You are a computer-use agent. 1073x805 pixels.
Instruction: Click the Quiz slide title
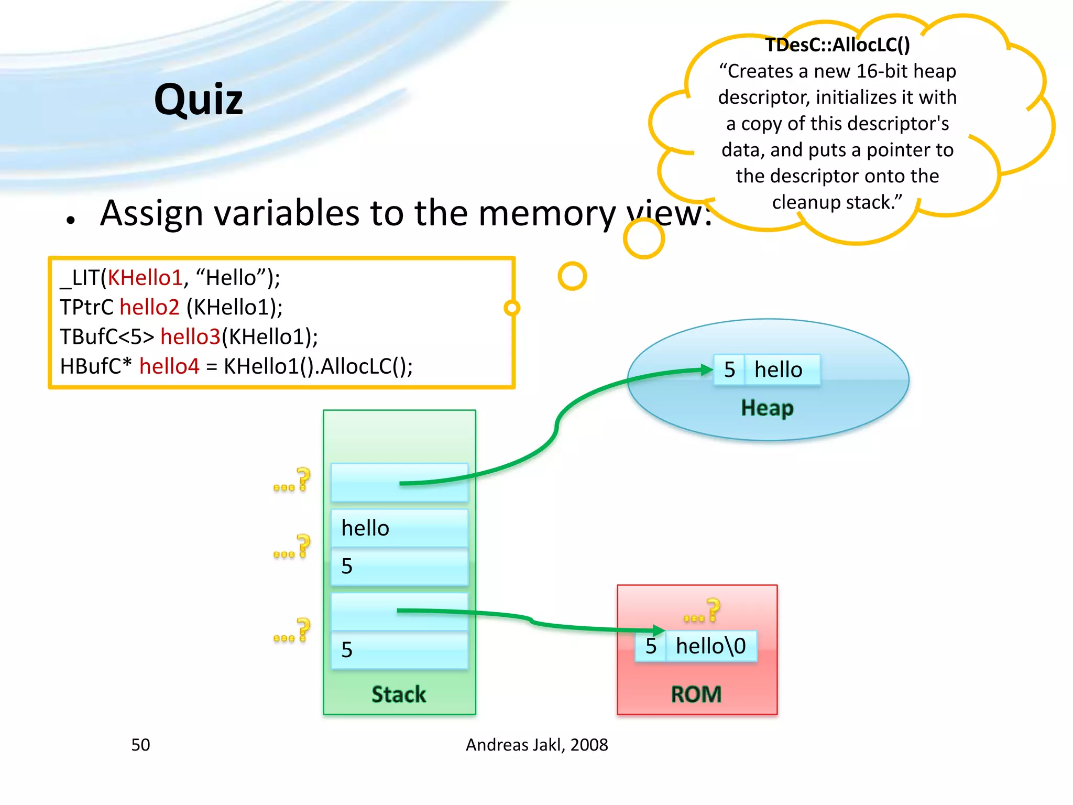point(199,100)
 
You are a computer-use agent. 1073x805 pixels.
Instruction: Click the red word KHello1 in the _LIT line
point(145,278)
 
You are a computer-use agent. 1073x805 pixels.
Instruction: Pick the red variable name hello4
point(169,366)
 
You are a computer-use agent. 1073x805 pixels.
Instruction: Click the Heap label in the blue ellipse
point(767,408)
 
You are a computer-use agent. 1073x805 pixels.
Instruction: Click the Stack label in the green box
point(399,694)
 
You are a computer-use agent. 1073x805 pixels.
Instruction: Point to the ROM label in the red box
point(696,694)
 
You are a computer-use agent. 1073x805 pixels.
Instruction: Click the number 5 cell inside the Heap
point(729,370)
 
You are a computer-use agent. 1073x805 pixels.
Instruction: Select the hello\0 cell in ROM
point(710,646)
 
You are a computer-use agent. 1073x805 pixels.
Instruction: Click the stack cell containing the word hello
point(399,528)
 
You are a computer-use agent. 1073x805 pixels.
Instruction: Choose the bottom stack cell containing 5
point(399,650)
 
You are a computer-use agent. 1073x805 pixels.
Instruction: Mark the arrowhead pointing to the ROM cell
point(659,630)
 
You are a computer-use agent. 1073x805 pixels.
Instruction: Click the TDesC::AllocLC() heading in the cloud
point(837,45)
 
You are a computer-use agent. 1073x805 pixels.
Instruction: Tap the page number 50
point(140,745)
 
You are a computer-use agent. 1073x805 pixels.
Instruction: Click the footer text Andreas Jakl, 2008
point(536,745)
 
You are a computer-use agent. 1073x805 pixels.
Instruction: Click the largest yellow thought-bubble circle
point(644,238)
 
